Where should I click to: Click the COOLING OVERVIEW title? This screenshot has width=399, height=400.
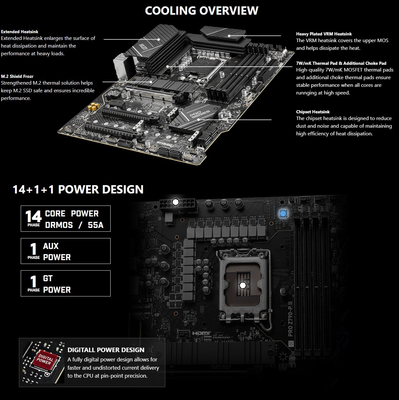(201, 11)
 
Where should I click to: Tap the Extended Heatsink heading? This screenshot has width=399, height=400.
(20, 32)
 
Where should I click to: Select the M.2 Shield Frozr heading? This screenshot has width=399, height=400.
(17, 76)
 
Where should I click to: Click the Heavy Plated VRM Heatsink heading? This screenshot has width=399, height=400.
(324, 34)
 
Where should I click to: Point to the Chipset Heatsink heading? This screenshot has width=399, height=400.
(313, 112)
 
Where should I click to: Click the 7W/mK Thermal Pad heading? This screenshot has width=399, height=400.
(341, 63)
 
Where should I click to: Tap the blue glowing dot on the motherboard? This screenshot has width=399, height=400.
(283, 213)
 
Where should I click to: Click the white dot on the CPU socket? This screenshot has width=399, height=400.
(243, 285)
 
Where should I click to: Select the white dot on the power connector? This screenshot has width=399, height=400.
(176, 202)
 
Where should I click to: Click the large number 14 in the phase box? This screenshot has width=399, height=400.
(33, 216)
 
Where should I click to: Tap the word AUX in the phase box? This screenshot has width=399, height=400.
(51, 246)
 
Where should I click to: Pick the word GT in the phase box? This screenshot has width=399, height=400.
(48, 278)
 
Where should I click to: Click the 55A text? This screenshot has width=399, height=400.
(96, 225)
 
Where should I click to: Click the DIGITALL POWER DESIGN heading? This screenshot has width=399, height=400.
(106, 350)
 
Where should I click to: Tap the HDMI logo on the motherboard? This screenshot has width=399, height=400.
(201, 333)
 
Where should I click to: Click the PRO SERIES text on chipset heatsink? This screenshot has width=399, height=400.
(199, 114)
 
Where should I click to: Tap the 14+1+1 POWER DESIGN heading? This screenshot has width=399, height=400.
(78, 189)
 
